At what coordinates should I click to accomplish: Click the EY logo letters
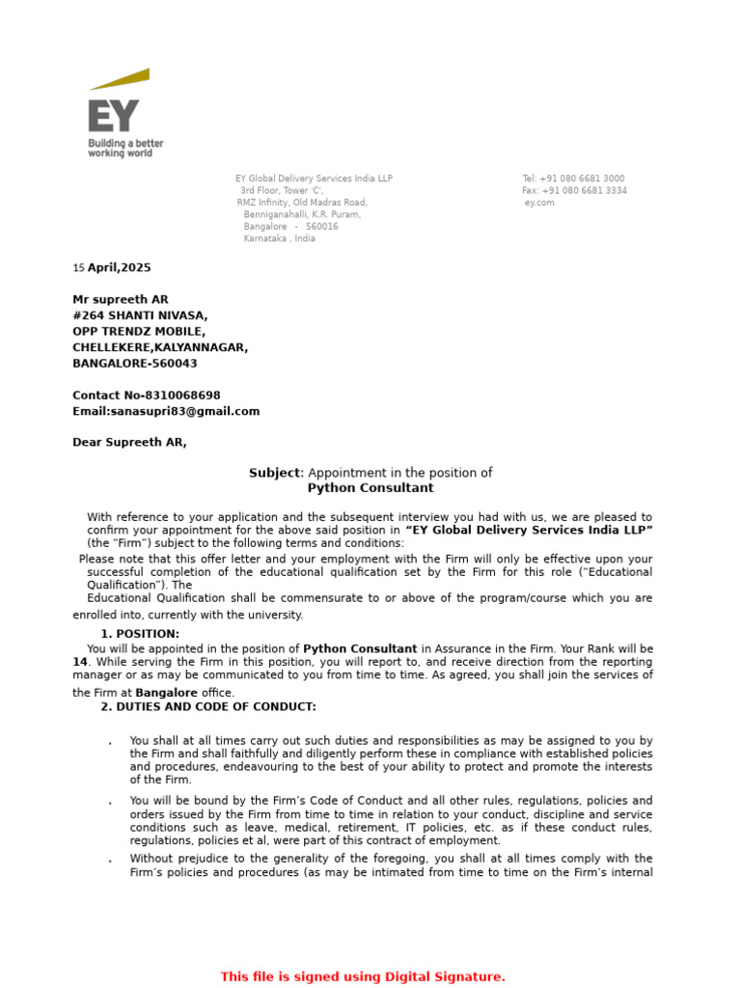[113, 116]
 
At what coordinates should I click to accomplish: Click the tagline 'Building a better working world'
[125, 148]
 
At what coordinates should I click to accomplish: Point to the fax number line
[574, 191]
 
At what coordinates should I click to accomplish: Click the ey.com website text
[539, 203]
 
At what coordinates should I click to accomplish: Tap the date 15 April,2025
[112, 268]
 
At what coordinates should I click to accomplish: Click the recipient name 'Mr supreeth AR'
[121, 300]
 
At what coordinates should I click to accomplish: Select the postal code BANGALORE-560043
[135, 364]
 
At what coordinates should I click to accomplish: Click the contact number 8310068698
[182, 396]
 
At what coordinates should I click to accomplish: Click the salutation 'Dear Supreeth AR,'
[130, 443]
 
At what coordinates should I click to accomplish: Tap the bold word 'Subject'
[276, 473]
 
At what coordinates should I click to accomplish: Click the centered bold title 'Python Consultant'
[370, 488]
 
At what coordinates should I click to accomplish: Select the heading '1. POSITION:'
[140, 634]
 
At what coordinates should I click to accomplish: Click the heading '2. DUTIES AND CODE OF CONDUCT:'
[208, 707]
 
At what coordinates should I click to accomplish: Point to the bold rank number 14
[80, 663]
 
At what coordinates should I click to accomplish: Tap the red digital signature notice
[363, 977]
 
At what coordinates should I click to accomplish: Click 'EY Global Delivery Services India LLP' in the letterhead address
[315, 178]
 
